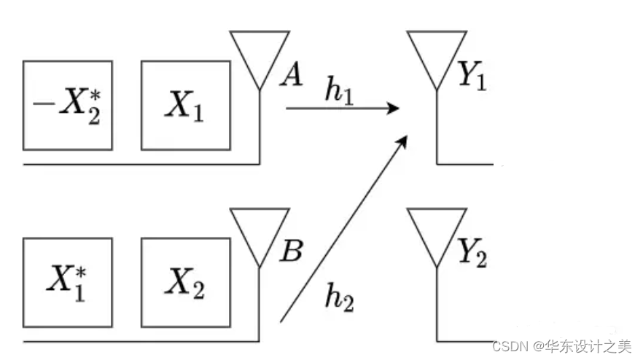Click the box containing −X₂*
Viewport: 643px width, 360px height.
[x=68, y=106]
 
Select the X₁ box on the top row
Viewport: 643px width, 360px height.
[x=185, y=106]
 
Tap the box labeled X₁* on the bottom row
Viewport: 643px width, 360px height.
[x=68, y=282]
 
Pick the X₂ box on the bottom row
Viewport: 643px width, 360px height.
[x=185, y=282]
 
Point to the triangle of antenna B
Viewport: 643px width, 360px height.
[x=260, y=230]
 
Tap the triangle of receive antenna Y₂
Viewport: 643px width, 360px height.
[x=436, y=230]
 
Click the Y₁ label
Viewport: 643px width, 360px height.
[x=472, y=76]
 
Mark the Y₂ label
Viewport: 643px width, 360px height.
[x=472, y=253]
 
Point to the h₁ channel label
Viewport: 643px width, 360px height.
[x=340, y=93]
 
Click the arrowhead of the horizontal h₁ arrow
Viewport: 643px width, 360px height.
[x=394, y=109]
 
